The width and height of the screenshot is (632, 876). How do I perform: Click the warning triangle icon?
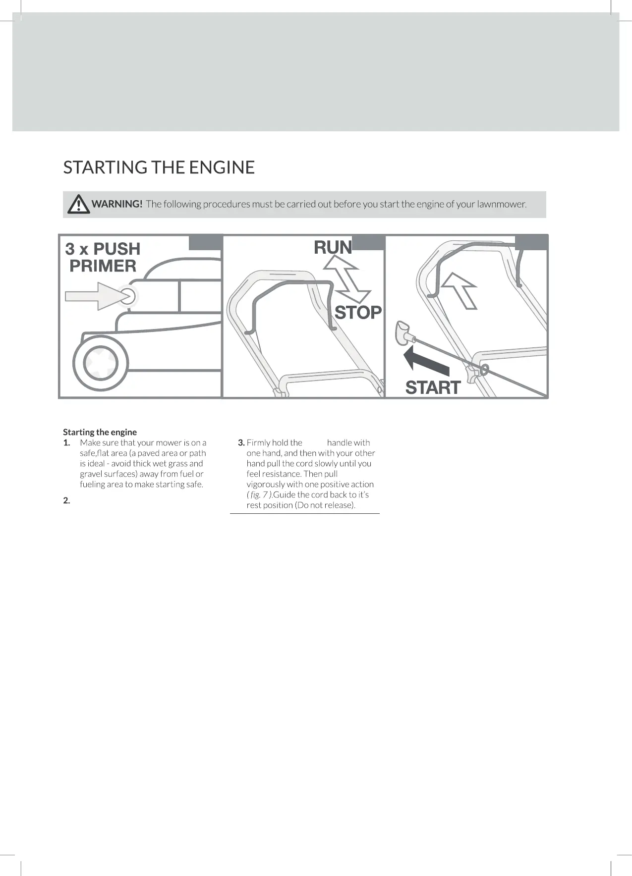[78, 204]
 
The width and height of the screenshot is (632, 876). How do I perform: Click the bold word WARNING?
[117, 204]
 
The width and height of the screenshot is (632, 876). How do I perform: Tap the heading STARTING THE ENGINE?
[159, 167]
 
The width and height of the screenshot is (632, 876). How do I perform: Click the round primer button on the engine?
[127, 296]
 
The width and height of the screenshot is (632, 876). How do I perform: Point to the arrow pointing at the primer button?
[94, 296]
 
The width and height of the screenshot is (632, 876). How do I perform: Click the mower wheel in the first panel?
[101, 363]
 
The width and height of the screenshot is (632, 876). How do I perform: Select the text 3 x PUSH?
[103, 249]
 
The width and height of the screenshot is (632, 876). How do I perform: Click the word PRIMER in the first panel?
[103, 266]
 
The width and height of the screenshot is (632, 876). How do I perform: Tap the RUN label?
[333, 247]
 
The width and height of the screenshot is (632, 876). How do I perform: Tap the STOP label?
[358, 313]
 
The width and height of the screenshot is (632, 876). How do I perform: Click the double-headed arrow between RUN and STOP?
[346, 279]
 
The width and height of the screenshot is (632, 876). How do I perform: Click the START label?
[433, 387]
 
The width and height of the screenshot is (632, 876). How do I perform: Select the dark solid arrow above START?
[425, 361]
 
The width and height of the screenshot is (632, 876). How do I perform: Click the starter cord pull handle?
[403, 332]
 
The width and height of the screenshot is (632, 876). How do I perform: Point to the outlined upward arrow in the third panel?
[460, 289]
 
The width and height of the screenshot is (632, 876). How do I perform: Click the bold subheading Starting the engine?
[100, 432]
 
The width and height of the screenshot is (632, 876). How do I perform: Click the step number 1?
[66, 443]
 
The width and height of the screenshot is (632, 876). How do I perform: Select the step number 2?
[66, 500]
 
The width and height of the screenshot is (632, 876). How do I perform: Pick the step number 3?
[241, 443]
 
